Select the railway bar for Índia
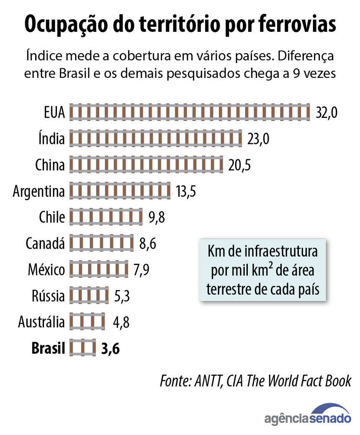click(x=156, y=139)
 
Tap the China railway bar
click(x=147, y=165)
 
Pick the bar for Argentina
click(x=120, y=191)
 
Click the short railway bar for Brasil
click(x=83, y=348)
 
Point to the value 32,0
click(x=327, y=113)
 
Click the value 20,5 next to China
click(x=239, y=165)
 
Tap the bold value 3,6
click(x=111, y=348)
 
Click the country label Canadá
click(x=45, y=243)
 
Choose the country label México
click(x=46, y=270)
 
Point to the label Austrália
click(x=41, y=322)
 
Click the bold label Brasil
click(x=48, y=348)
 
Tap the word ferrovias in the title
click(x=291, y=25)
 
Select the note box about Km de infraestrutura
click(x=262, y=270)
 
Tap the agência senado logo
click(x=308, y=414)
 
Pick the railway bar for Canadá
click(x=101, y=243)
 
